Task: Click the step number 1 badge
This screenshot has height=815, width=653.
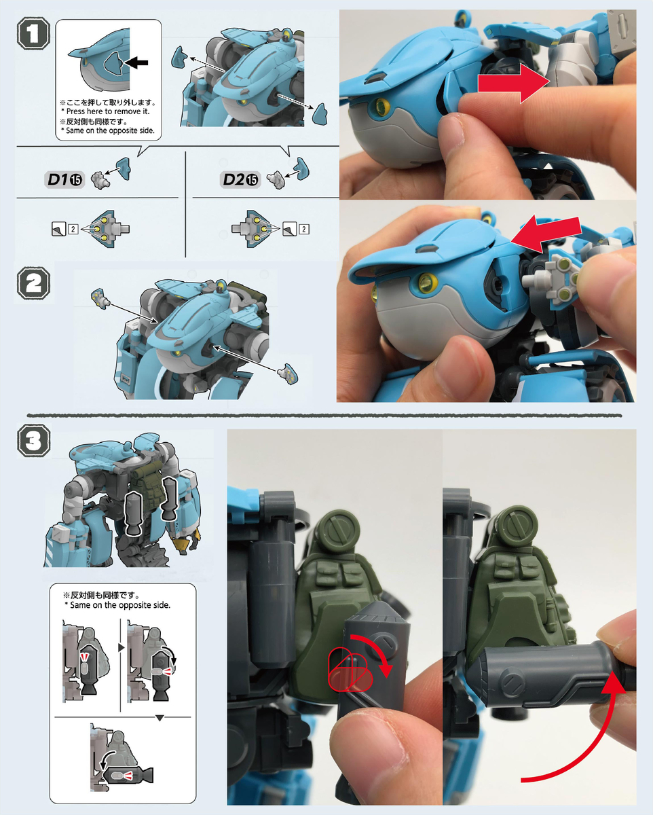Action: [x=33, y=35]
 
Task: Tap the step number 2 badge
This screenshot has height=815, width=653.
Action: [x=33, y=283]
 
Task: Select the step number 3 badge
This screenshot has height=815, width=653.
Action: [x=33, y=441]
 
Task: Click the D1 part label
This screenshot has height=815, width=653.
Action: [x=57, y=179]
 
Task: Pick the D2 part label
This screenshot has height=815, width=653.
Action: [x=234, y=179]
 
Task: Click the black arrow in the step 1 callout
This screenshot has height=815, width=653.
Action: [x=136, y=62]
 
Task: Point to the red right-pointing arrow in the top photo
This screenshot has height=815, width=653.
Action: [x=513, y=84]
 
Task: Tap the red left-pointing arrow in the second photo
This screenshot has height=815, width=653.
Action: [x=546, y=233]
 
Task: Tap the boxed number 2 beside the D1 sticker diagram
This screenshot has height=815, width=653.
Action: [x=73, y=229]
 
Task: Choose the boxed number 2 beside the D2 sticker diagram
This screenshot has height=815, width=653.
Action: [x=304, y=229]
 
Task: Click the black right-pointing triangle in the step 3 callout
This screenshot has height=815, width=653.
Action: [x=122, y=648]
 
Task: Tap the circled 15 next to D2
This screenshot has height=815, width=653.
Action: [x=252, y=180]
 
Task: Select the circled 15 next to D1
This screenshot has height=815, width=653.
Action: [x=76, y=180]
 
